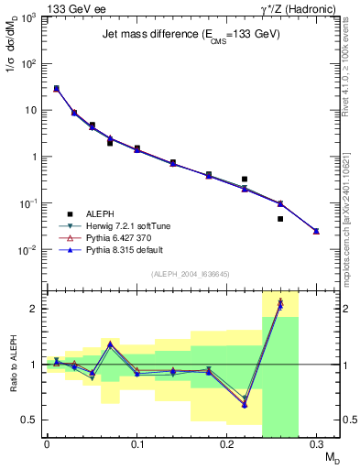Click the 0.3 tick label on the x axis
[x=316, y=444]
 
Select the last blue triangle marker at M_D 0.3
[x=316, y=231]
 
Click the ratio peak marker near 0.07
[x=110, y=344]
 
